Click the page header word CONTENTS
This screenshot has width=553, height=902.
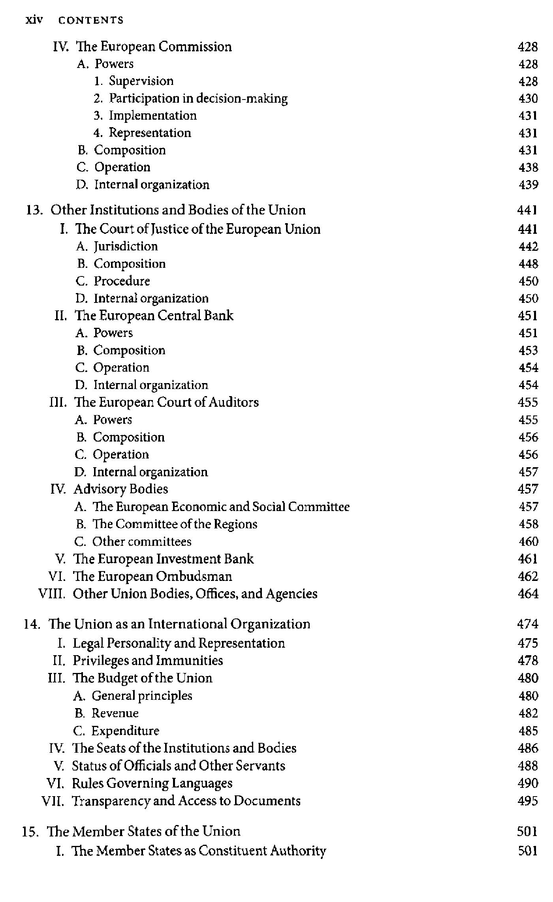click(x=91, y=20)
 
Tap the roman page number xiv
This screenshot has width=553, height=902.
click(x=34, y=20)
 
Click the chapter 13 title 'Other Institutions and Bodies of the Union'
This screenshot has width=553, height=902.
click(x=178, y=210)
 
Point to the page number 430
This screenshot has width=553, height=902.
click(x=528, y=98)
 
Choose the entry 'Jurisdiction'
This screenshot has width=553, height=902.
click(x=126, y=246)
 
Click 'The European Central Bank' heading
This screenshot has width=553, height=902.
click(x=154, y=316)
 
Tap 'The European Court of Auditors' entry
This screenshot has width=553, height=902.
click(x=166, y=402)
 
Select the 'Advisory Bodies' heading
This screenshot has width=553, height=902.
click(x=121, y=489)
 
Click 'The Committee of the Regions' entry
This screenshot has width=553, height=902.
click(x=175, y=524)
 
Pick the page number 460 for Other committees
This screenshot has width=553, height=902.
click(x=528, y=541)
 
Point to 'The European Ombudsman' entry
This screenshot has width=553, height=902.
click(x=153, y=576)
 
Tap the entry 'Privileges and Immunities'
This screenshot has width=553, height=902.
click(x=148, y=660)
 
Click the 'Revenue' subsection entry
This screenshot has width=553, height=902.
click(x=115, y=713)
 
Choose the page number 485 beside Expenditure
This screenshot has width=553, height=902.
click(x=528, y=731)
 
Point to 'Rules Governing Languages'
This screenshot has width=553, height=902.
click(x=152, y=783)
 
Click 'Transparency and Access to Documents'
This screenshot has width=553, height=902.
click(x=186, y=801)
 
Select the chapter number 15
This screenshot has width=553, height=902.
click(x=30, y=831)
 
